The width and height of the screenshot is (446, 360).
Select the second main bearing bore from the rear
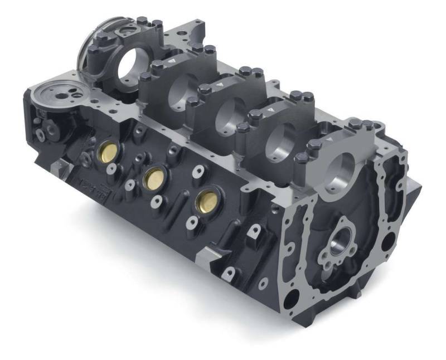click(x=182, y=90)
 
